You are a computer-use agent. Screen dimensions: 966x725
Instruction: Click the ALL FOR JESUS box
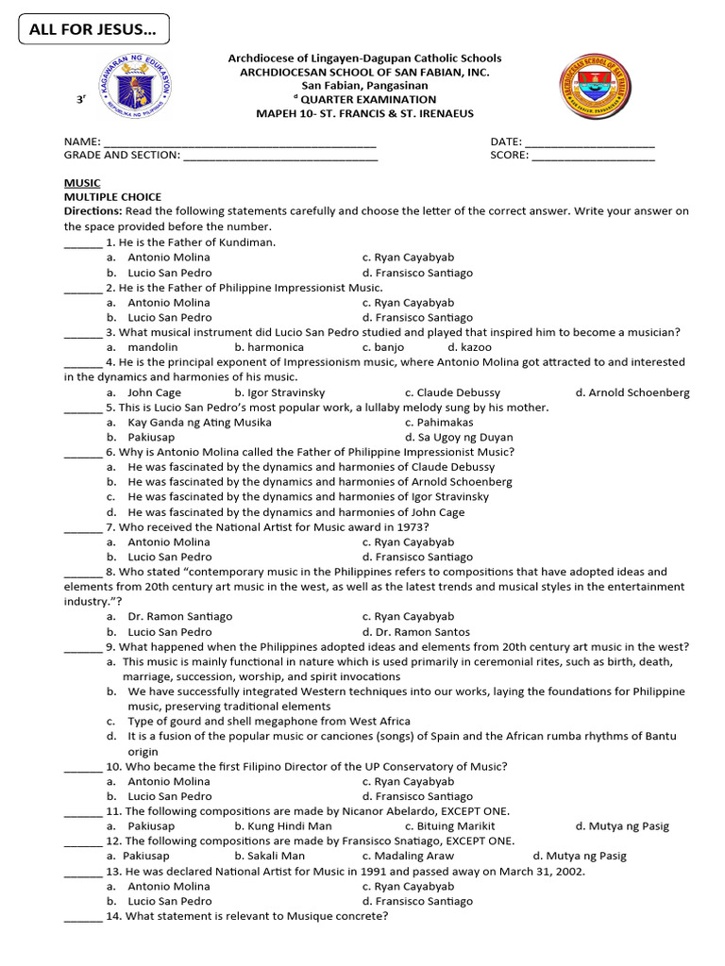point(93,29)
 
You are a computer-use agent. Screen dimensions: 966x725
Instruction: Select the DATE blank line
point(589,143)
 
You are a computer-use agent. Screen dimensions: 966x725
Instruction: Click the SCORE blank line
point(593,157)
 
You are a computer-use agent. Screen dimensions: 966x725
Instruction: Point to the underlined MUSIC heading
point(82,183)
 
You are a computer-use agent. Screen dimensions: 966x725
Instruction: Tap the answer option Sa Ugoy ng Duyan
point(459,438)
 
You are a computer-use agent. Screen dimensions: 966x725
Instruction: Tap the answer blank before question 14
point(82,917)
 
